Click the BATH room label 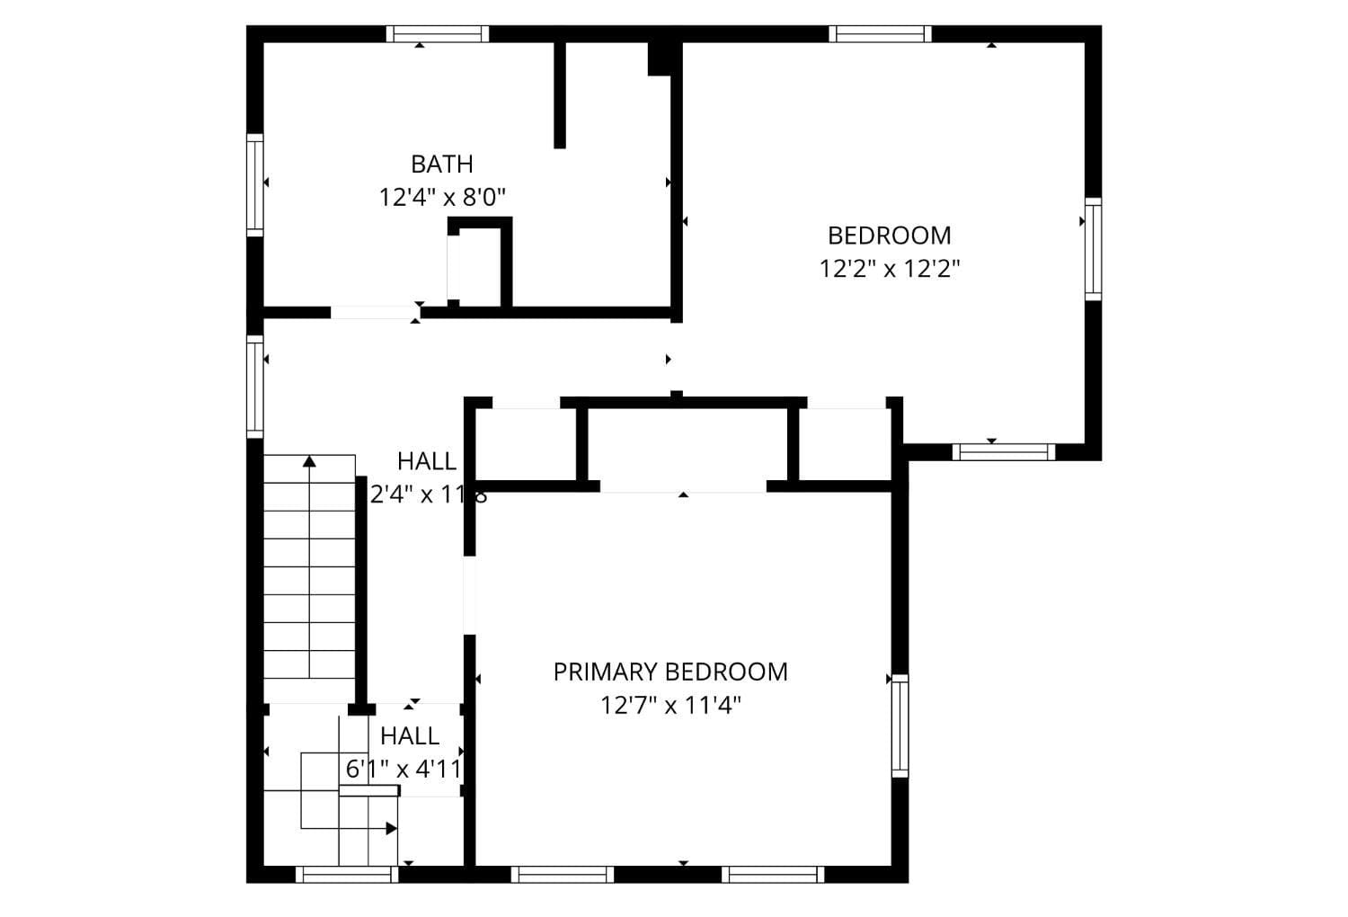[441, 165]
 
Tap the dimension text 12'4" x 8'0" [442, 198]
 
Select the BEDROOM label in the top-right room [889, 236]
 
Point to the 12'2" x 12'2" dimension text [890, 269]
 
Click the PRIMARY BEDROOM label [670, 672]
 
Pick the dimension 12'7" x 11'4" [670, 706]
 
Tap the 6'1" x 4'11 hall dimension [404, 770]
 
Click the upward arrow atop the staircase [309, 462]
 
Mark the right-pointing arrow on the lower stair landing [391, 828]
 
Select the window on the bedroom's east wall [1092, 249]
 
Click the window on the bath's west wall [255, 185]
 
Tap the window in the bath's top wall [438, 34]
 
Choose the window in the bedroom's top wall [880, 34]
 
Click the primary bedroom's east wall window [900, 726]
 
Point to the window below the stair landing [347, 874]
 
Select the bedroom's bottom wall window [1003, 451]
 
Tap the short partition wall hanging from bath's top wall [560, 94]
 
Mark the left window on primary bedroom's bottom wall [563, 874]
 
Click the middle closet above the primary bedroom [687, 445]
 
